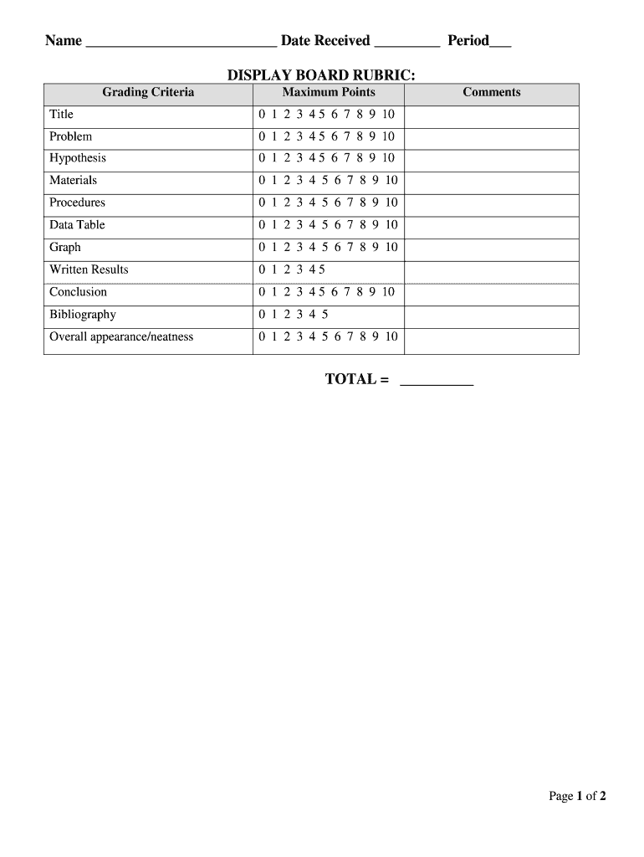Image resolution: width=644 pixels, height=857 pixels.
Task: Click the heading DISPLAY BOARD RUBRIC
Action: coord(321,75)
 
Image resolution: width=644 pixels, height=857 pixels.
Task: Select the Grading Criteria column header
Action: coord(148,93)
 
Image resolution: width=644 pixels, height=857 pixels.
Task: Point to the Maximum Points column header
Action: coord(329,93)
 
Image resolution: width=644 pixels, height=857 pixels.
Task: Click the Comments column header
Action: coord(492,93)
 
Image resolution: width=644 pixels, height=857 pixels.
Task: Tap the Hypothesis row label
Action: coord(78,158)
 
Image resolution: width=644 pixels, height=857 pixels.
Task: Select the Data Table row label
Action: coord(77,225)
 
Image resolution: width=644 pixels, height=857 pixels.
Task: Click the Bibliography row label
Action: coord(83,315)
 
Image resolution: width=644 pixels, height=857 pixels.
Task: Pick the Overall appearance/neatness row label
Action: coord(121,337)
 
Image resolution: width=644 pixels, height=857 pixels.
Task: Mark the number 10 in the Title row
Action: coord(388,115)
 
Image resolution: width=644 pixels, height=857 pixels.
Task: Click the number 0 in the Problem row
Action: coord(262,136)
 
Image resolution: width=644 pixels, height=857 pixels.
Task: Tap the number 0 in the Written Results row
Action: coord(262,269)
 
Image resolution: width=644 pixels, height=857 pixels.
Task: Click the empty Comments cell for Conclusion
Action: coord(491,293)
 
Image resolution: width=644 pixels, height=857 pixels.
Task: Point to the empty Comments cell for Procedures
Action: coord(491,203)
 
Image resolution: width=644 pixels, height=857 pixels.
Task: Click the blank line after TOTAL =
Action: coord(437,382)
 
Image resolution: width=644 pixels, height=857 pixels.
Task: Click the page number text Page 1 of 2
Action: coord(577,797)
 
